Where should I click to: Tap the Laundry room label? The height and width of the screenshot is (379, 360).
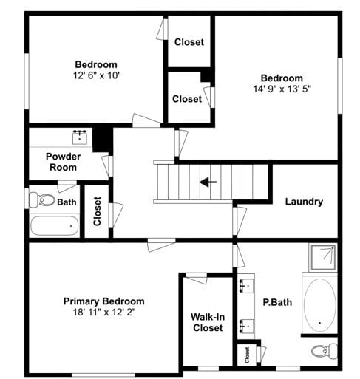pyautogui.click(x=303, y=202)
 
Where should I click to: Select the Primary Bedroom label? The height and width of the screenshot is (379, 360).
pyautogui.click(x=103, y=301)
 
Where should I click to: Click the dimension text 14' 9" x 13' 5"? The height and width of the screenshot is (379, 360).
pyautogui.click(x=281, y=89)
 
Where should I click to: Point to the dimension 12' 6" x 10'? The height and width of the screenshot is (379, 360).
pyautogui.click(x=96, y=75)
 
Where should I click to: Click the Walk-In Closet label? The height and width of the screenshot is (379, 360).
pyautogui.click(x=207, y=322)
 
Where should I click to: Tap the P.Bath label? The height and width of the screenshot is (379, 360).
pyautogui.click(x=275, y=301)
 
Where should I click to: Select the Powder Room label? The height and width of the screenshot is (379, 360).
pyautogui.click(x=63, y=161)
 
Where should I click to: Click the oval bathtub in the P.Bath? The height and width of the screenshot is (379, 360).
pyautogui.click(x=319, y=303)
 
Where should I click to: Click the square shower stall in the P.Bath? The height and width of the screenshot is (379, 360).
pyautogui.click(x=322, y=257)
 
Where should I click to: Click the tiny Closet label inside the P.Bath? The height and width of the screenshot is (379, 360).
pyautogui.click(x=246, y=355)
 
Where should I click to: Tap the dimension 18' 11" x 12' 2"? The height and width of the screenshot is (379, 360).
pyautogui.click(x=103, y=313)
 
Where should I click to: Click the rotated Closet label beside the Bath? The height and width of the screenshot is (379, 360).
pyautogui.click(x=97, y=211)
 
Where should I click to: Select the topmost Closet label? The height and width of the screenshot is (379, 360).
pyautogui.click(x=189, y=42)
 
